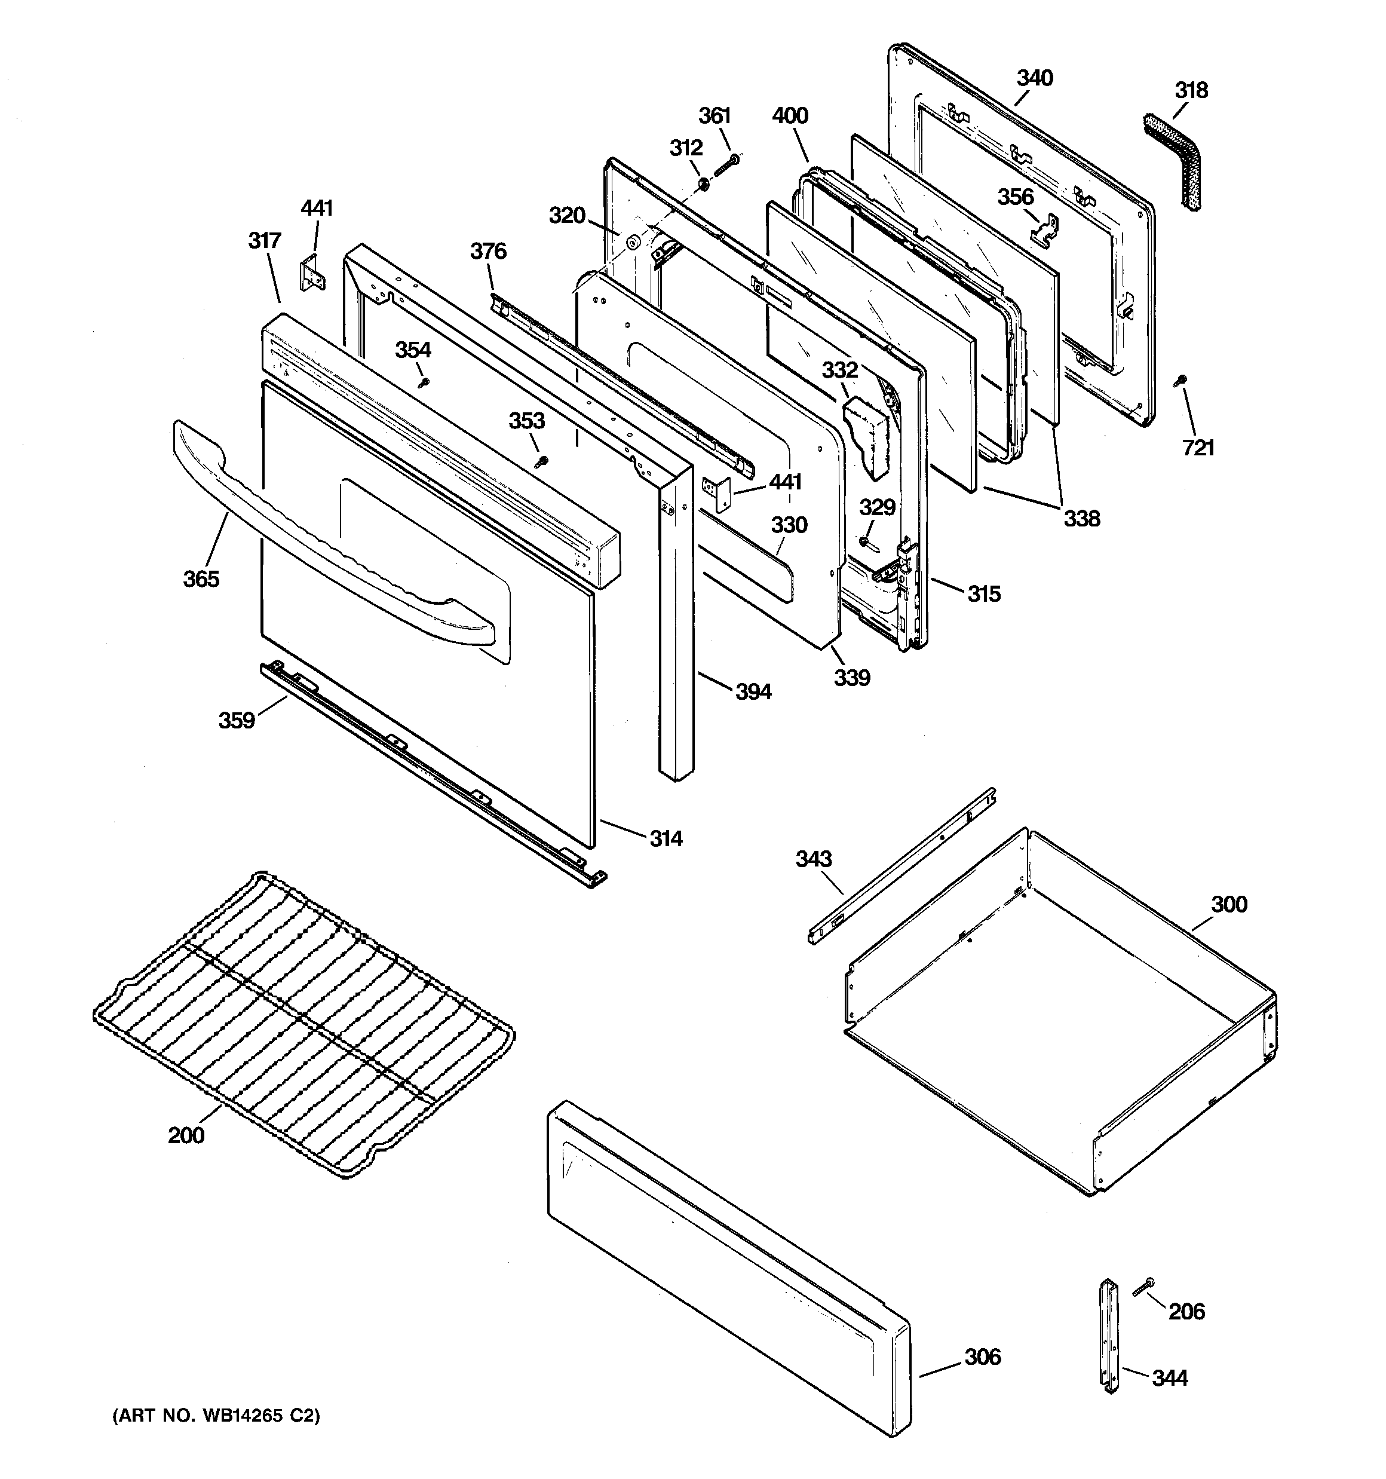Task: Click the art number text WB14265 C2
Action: pyautogui.click(x=216, y=1437)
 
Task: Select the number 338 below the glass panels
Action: pyautogui.click(x=1080, y=519)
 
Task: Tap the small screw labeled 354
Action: pyautogui.click(x=425, y=382)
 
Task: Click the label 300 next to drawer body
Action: pyautogui.click(x=1228, y=904)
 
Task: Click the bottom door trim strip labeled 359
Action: pyautogui.click(x=431, y=774)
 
